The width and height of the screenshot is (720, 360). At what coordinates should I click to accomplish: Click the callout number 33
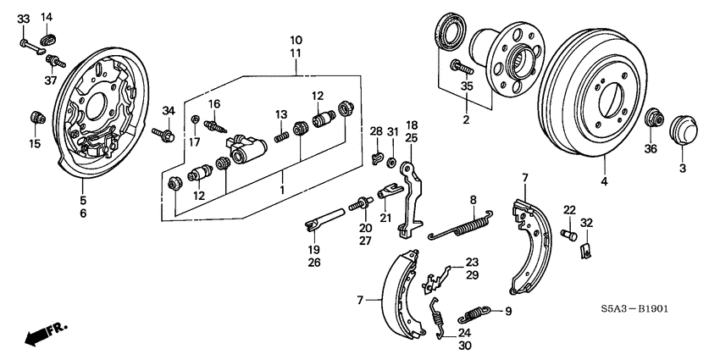[x=23, y=18]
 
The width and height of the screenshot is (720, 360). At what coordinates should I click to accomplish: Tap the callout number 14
[x=47, y=18]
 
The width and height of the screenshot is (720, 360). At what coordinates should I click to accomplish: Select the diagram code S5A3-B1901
[x=633, y=309]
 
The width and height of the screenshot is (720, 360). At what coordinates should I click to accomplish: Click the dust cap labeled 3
[x=681, y=131]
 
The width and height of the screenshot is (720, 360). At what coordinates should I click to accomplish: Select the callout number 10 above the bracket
[x=296, y=40]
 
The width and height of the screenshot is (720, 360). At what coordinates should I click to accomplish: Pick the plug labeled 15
[x=36, y=115]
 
